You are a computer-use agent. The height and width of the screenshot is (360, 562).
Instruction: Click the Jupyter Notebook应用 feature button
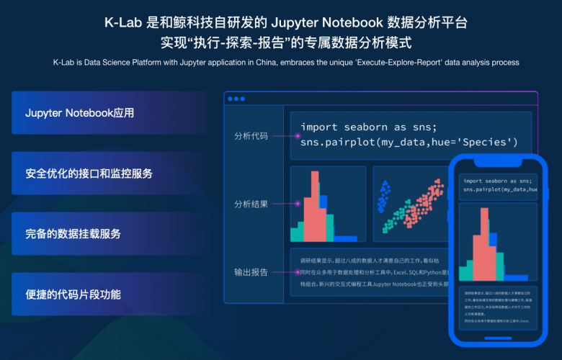tap(110, 113)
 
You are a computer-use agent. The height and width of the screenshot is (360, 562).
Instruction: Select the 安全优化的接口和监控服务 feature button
tap(110, 174)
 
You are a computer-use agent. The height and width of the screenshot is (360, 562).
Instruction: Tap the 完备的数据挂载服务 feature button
tap(110, 234)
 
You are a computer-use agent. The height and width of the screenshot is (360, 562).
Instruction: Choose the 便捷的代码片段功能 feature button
tap(110, 294)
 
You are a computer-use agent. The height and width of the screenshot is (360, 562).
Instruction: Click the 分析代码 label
tap(251, 135)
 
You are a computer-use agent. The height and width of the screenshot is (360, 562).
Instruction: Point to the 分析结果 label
tap(251, 204)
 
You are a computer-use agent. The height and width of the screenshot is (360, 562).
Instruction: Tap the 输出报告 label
tap(251, 272)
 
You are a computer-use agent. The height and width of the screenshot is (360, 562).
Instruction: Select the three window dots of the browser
tap(236, 98)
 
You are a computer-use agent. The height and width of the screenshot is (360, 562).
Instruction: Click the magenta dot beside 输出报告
tap(298, 272)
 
